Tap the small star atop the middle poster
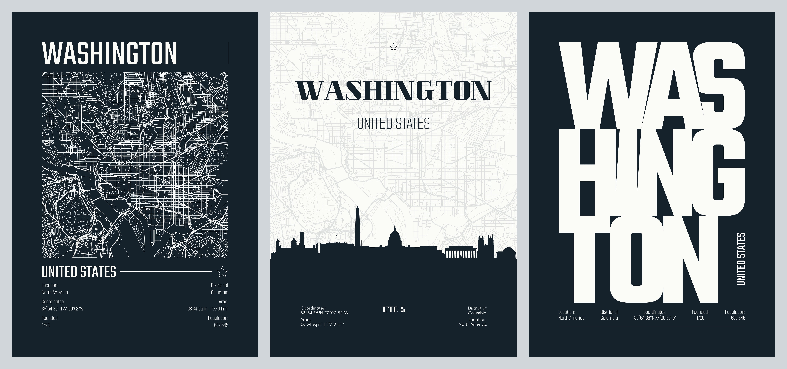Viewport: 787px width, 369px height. tap(393, 47)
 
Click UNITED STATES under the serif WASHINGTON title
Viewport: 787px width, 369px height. tap(393, 124)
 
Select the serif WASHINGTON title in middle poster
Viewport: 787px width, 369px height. tap(393, 90)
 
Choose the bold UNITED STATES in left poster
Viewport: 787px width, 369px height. tap(79, 272)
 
